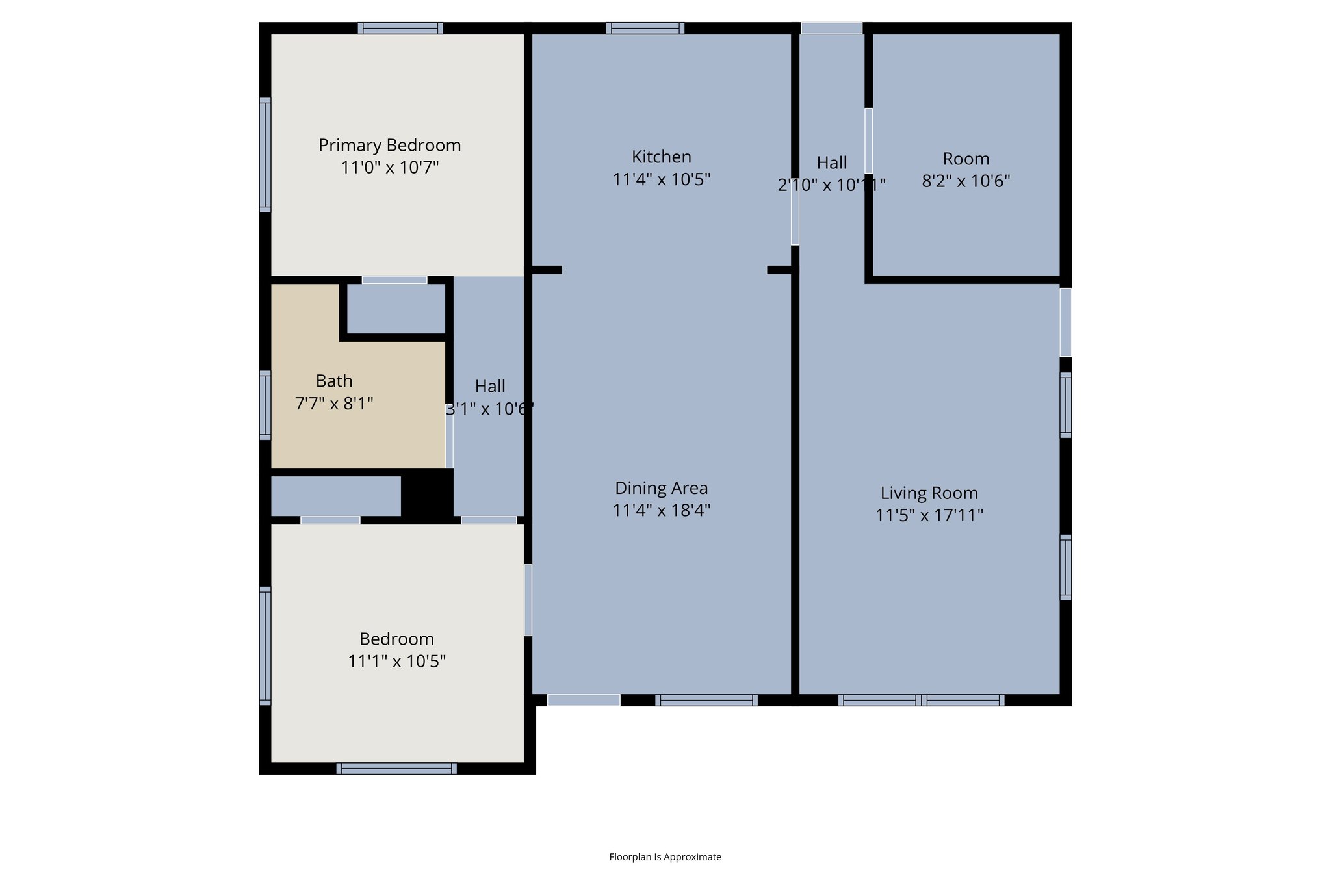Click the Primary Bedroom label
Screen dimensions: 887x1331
coord(389,145)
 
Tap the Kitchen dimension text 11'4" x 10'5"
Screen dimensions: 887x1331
coord(661,179)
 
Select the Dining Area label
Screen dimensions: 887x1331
coord(661,488)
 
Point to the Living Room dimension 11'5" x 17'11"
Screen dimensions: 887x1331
coord(929,515)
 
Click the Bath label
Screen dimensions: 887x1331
coord(334,381)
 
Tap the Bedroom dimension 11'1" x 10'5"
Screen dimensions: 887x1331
coord(396,662)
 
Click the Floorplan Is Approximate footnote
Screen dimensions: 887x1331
coord(665,857)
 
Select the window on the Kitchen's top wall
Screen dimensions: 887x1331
coord(645,28)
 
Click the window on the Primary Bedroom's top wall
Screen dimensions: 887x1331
coord(400,28)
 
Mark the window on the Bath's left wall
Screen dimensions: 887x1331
coord(265,405)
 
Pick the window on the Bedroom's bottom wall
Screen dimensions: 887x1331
coord(396,769)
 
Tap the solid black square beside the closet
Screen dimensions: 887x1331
coord(427,495)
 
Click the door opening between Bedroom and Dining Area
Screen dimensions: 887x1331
coord(528,600)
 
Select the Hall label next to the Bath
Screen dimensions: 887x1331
coord(490,387)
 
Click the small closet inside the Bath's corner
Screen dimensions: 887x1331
coord(396,309)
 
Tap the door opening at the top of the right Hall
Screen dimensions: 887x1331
coord(831,28)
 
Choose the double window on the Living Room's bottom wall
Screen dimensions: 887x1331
coord(921,700)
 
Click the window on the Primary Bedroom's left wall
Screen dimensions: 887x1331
coord(265,155)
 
